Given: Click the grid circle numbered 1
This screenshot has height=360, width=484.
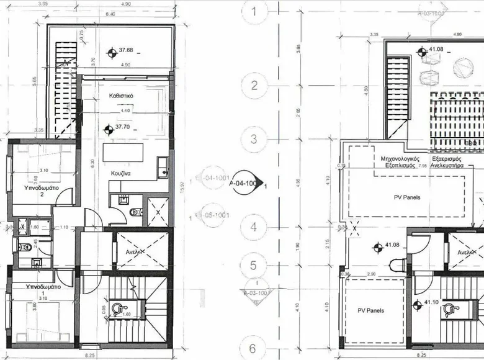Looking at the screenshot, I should [254, 11].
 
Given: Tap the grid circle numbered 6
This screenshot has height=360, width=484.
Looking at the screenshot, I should [254, 348].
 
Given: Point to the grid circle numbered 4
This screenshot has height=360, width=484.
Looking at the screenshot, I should [254, 227].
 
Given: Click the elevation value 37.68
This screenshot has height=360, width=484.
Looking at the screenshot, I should [127, 50].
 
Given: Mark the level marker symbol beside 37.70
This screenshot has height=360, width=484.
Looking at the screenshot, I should [110, 130].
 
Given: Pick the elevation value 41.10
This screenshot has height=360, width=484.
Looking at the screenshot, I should [432, 303].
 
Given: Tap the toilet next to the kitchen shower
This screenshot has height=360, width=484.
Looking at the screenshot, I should [135, 212].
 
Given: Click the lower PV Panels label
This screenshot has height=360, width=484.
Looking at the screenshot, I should [370, 310].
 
